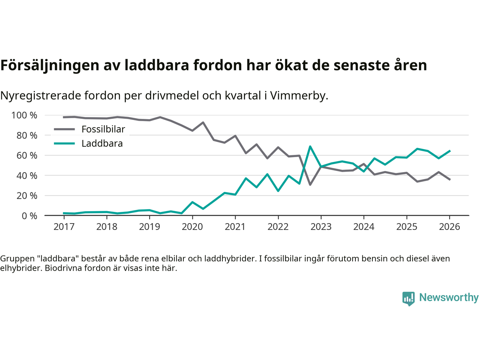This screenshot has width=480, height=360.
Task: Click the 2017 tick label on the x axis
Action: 64,227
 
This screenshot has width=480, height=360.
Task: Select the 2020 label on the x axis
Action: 192,227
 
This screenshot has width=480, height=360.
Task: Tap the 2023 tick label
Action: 321,227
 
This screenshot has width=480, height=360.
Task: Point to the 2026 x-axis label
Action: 450,227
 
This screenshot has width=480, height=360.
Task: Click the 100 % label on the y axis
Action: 24,115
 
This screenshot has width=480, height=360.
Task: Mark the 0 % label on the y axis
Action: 29,216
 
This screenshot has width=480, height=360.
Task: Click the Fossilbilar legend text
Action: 103,129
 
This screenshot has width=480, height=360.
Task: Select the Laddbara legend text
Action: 102,144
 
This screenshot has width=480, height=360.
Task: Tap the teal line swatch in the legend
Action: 64,144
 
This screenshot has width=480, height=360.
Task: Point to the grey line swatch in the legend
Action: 64,129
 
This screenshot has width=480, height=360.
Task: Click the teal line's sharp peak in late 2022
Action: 310,146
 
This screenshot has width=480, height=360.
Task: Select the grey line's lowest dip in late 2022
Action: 310,184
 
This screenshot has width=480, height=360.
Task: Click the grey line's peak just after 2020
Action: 203,123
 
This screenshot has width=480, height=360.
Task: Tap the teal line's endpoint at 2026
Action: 450,151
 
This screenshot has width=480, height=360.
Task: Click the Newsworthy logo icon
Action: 408,298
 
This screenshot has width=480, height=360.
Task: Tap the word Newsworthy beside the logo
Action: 449,298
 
